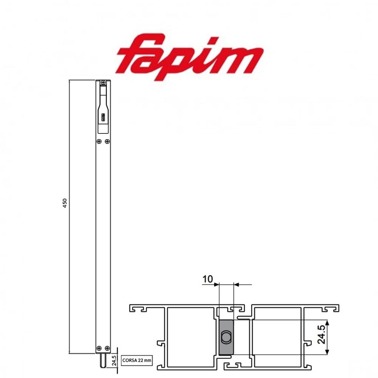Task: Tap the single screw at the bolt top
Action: click(x=103, y=82)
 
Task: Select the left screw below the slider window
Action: click(x=99, y=141)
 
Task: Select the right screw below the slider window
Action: click(x=107, y=141)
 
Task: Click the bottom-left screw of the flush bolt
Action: click(x=99, y=348)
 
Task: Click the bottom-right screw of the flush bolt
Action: click(x=107, y=348)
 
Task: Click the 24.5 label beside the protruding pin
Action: click(x=114, y=361)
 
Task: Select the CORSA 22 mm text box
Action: click(x=136, y=361)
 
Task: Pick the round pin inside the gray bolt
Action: click(x=226, y=336)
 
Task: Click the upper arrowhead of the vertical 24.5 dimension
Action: click(x=327, y=323)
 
